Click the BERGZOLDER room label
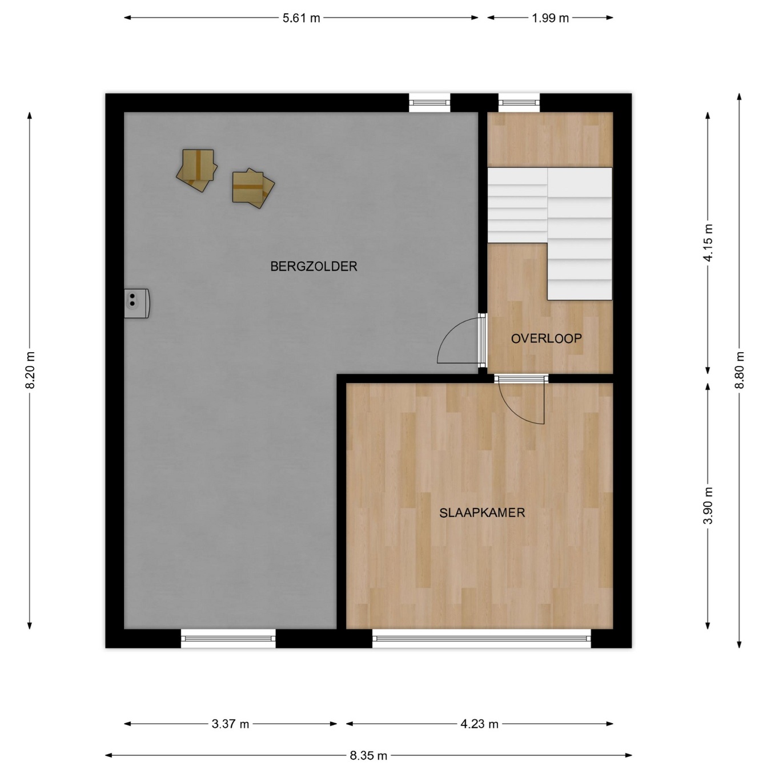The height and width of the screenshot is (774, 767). [x=314, y=267]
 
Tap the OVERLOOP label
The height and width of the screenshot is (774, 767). [x=547, y=338]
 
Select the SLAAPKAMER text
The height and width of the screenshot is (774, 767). [x=482, y=513]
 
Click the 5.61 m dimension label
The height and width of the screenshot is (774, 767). [x=301, y=18]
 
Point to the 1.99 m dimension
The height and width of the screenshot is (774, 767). [x=551, y=18]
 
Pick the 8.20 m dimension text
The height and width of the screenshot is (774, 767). [x=30, y=370]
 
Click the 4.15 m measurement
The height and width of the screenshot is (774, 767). [x=708, y=243]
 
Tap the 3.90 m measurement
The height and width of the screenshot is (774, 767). [x=708, y=505]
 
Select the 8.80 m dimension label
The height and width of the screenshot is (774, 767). [x=739, y=370]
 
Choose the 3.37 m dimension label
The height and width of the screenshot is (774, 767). [x=230, y=724]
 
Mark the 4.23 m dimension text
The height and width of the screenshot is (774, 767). [x=479, y=724]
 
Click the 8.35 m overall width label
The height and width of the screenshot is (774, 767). [x=368, y=756]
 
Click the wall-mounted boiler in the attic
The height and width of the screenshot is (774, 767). [x=136, y=303]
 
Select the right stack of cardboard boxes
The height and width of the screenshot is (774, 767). [x=253, y=188]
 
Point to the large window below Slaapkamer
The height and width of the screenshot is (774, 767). [x=481, y=638]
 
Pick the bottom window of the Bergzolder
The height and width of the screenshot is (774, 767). [x=228, y=638]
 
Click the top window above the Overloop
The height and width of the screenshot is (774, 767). [x=519, y=103]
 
